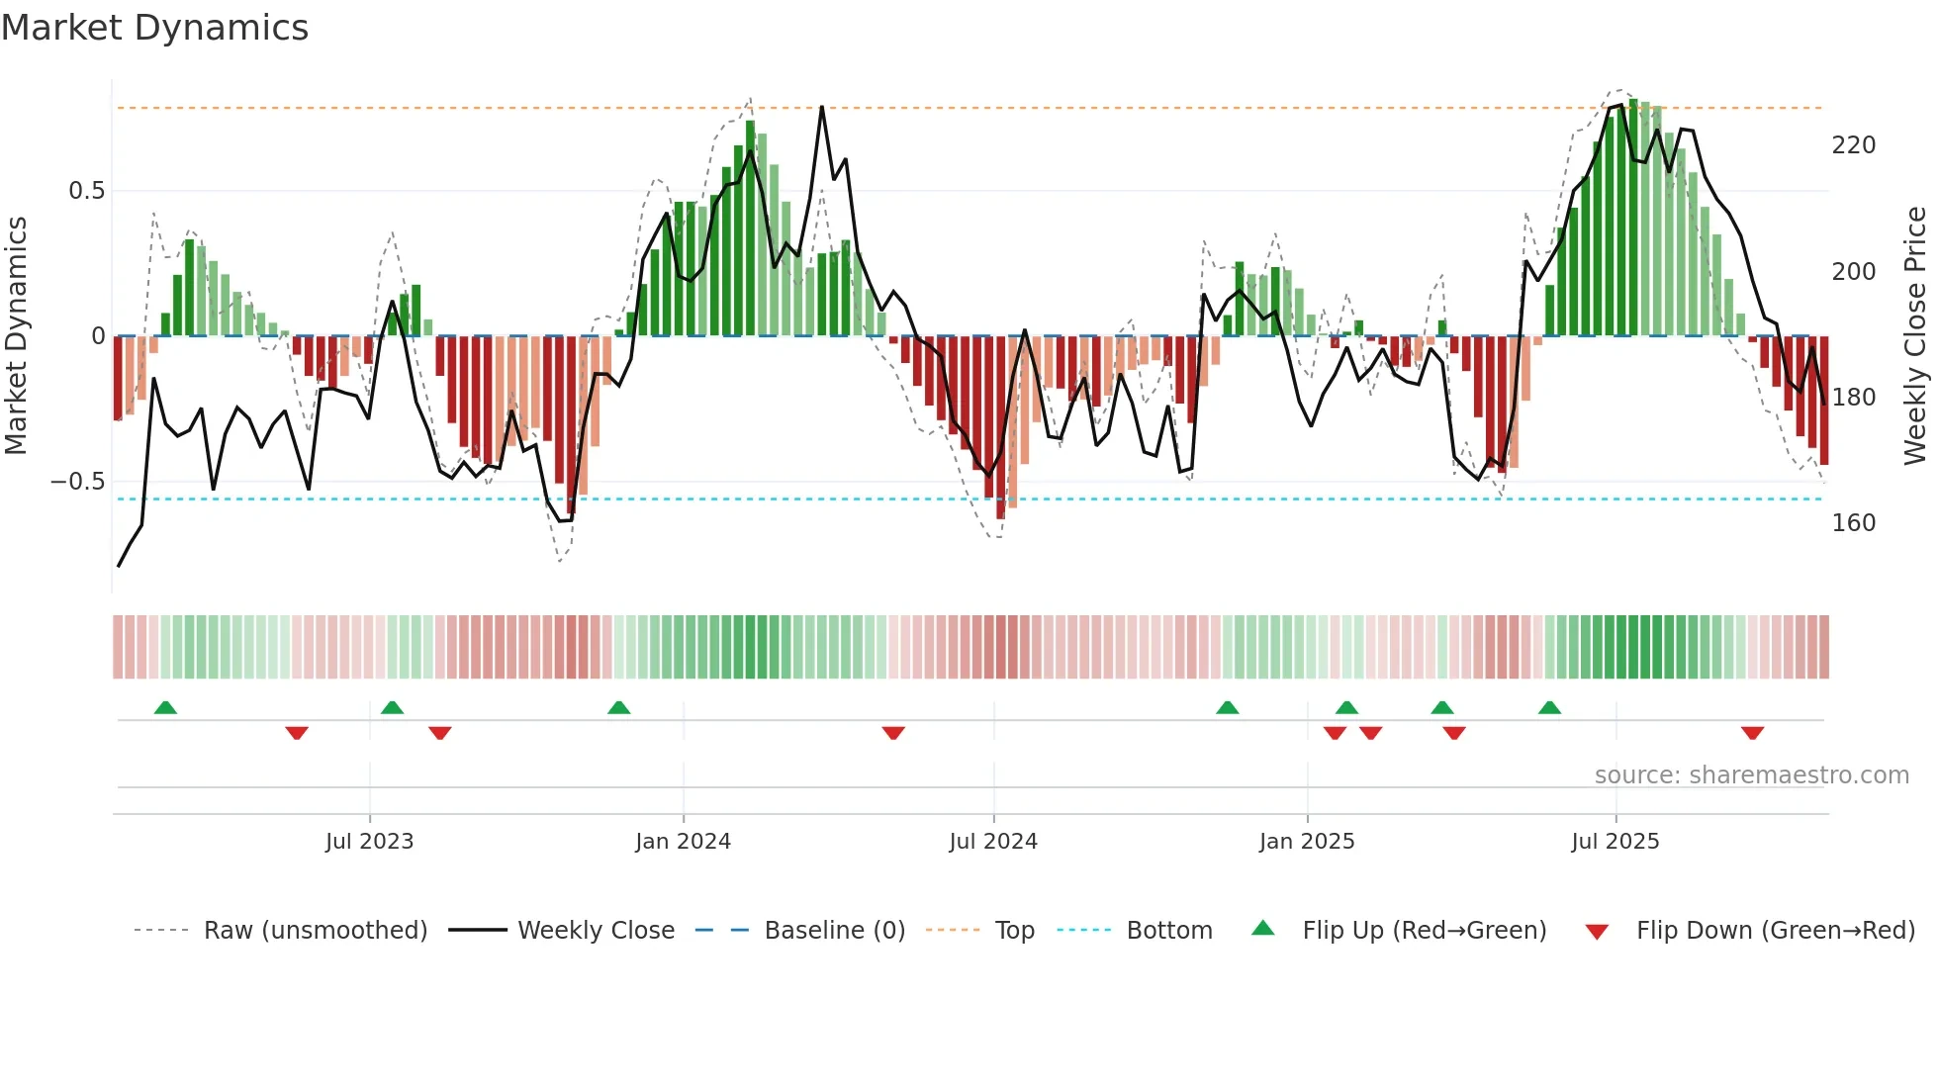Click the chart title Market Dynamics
tap(154, 28)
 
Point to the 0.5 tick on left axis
tap(86, 191)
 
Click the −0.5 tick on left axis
tap(78, 482)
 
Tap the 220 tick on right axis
tap(1853, 145)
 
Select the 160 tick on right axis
tap(1853, 523)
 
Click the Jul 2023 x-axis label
tap(369, 842)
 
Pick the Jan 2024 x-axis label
tap(683, 842)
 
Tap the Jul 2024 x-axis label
tap(993, 842)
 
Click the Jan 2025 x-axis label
tap(1307, 842)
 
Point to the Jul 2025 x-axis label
tap(1616, 842)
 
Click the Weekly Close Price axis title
tap(1916, 336)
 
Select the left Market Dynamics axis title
tap(16, 336)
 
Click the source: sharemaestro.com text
tap(1751, 775)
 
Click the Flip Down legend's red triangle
tap(1597, 932)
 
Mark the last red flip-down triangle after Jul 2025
tap(1752, 733)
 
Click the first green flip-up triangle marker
tap(165, 707)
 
